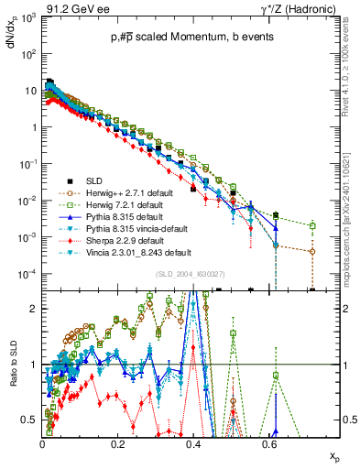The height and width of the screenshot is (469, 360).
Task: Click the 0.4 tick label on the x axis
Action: (192, 444)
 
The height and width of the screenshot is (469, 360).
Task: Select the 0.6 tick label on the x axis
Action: (267, 444)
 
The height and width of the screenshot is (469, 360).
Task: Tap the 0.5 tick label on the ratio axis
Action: (30, 420)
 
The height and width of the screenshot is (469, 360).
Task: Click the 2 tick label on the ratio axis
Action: (34, 309)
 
